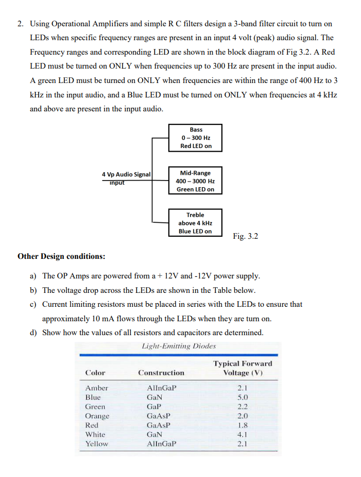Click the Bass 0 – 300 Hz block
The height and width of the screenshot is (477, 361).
coord(195,138)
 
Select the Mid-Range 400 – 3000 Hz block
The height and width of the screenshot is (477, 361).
coord(195,181)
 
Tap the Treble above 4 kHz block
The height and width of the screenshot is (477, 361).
coord(195,223)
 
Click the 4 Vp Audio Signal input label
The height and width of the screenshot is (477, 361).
coord(126,175)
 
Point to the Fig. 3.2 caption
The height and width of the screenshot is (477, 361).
coord(245,236)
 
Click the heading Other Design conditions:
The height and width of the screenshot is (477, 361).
coord(61,256)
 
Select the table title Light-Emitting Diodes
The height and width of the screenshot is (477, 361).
coord(178,346)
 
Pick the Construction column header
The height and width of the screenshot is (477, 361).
coord(161,372)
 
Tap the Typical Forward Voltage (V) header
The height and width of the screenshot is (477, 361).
coord(243,368)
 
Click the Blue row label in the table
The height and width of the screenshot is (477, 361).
coord(93,397)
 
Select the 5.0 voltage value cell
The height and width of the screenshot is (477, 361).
coord(243,397)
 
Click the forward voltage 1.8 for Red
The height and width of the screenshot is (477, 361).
coord(243,425)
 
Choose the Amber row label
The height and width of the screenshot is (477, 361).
coord(96,388)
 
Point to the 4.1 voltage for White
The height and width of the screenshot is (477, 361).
coord(243,434)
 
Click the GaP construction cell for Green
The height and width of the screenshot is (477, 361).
coord(153,406)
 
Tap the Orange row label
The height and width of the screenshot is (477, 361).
coord(97,416)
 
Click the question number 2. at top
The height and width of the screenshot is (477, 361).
coord(21,24)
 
